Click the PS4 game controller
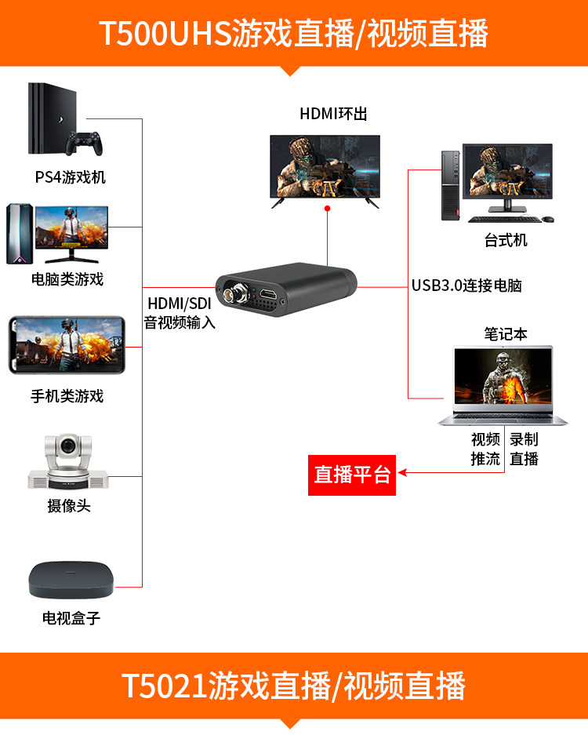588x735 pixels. click(x=84, y=143)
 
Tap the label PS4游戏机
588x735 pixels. click(x=71, y=177)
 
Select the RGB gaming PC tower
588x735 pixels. click(x=20, y=234)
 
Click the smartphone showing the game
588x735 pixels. click(x=67, y=344)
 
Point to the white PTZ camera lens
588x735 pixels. click(x=68, y=445)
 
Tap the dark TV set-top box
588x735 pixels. click(x=71, y=580)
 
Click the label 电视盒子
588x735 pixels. click(x=71, y=618)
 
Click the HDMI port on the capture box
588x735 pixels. click(x=269, y=294)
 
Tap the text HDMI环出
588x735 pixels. click(x=333, y=114)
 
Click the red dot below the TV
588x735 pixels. click(x=328, y=208)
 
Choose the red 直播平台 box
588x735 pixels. click(x=352, y=475)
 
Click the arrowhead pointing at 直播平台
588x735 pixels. click(x=402, y=472)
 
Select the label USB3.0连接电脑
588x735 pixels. click(x=466, y=285)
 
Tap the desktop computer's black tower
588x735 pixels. click(x=450, y=185)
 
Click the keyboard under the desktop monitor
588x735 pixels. click(x=504, y=219)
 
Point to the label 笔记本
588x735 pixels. click(x=506, y=333)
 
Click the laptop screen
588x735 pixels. click(x=503, y=376)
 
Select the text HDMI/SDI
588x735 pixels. click(x=180, y=304)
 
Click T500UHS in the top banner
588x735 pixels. click(x=165, y=33)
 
